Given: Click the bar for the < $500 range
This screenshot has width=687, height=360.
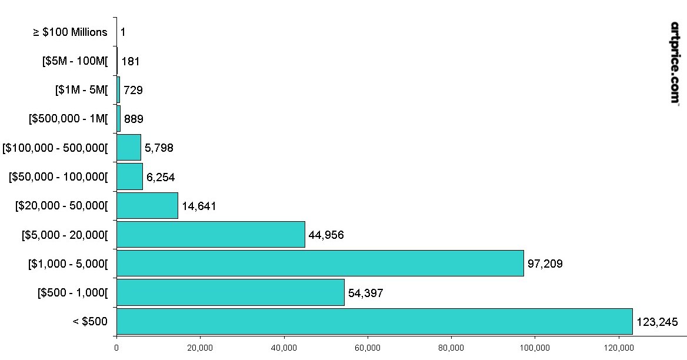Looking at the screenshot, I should (x=374, y=321).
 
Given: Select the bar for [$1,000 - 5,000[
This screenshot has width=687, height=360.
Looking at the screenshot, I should (x=320, y=263).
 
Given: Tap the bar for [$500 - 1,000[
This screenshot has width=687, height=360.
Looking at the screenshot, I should (x=230, y=292).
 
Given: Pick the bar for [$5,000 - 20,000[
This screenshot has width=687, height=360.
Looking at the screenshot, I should (x=211, y=235).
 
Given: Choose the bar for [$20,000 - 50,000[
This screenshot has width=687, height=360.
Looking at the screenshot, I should (x=147, y=206).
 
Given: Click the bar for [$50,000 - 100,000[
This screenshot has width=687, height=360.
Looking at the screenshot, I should (x=129, y=176).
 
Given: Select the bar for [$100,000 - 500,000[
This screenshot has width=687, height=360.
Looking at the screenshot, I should (x=129, y=148).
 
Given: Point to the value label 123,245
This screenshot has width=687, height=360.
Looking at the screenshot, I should (x=657, y=322).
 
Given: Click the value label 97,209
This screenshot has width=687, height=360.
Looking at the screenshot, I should (x=545, y=264).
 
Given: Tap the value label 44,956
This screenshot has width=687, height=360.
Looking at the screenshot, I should (x=326, y=235).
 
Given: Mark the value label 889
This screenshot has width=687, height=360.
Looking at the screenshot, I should (x=134, y=119).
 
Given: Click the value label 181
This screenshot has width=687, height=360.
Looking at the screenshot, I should (x=130, y=61).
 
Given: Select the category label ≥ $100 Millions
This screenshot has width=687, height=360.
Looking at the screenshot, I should (x=71, y=32).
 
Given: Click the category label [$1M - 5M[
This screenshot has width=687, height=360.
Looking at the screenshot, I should (x=82, y=90).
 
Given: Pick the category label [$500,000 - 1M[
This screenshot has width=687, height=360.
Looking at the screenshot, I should (x=68, y=119).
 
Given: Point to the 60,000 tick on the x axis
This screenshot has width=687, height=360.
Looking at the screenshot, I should (x=368, y=348).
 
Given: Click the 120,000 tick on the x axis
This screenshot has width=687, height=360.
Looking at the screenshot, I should (x=619, y=348).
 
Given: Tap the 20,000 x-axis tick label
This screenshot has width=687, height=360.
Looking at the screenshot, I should (x=200, y=348).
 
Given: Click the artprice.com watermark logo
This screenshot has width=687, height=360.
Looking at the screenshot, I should (x=675, y=63).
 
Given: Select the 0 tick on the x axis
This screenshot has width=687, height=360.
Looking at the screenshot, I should (x=116, y=348).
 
